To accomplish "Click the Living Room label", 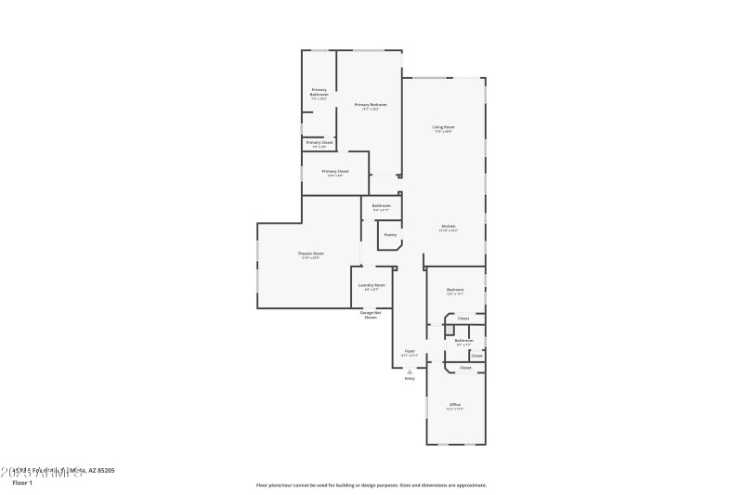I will coord(443,127).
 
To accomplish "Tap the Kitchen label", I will coord(448,226).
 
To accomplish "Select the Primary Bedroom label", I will coord(371,105).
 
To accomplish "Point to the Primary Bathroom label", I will coord(319,92).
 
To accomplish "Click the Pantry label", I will coord(390,235).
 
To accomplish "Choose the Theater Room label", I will coord(310,254).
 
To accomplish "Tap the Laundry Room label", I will coord(371,285).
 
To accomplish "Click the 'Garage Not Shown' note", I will coord(370,315).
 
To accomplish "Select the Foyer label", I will coord(409,351).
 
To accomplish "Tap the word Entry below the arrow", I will coord(409,379).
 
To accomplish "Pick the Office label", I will coord(455,405).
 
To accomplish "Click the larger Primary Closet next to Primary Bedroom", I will coord(335,172).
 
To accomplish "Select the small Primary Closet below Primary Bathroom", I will coord(319,143).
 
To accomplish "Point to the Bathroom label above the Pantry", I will coord(382,206).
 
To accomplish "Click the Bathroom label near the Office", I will coord(463,341).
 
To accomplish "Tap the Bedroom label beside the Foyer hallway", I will coord(454,290).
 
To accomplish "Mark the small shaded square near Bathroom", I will coord(449,330).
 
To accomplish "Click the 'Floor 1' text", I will coord(22,483).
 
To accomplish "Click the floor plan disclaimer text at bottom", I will coord(371,485).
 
